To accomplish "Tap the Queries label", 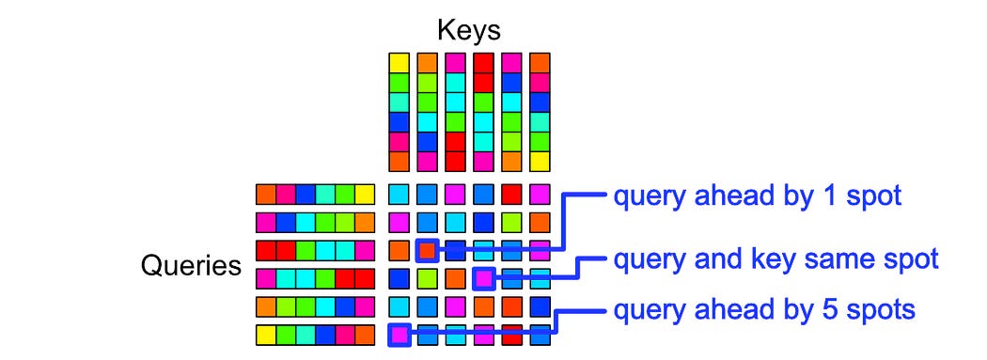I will click(x=191, y=265).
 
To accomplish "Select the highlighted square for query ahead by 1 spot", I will click(x=427, y=250).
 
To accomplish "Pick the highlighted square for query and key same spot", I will click(x=483, y=278).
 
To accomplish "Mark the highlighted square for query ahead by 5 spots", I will click(x=399, y=334).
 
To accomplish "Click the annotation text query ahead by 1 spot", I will click(x=758, y=196).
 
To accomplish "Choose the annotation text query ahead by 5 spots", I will click(x=764, y=309).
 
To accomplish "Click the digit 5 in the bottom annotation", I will click(x=824, y=308).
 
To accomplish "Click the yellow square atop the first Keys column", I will click(x=399, y=63).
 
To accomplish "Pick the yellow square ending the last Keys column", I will click(x=540, y=161).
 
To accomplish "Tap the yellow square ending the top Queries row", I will click(x=365, y=195).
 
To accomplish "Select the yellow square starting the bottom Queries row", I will click(x=266, y=334).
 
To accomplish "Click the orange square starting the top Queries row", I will click(x=266, y=195).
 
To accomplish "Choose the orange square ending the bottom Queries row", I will click(x=365, y=334).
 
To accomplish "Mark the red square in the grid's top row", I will click(x=511, y=195).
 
